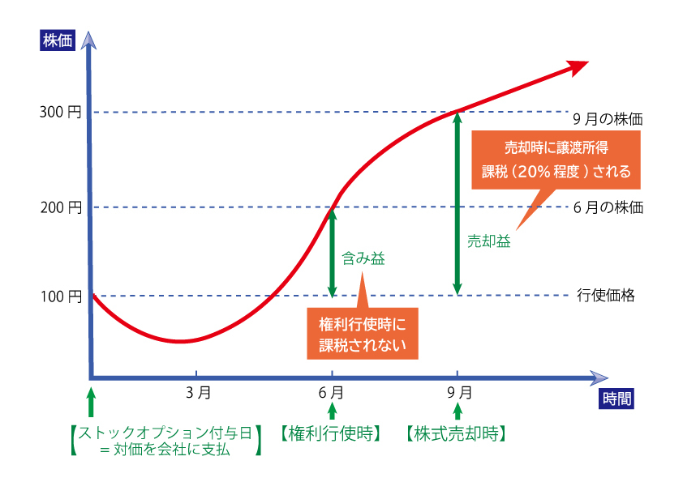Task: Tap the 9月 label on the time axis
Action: [x=458, y=393]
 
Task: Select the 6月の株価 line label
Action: [x=608, y=207]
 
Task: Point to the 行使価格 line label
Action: [x=605, y=296]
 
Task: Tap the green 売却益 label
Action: [x=489, y=241]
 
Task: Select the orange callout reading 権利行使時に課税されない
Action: [x=362, y=334]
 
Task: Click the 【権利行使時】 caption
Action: [x=331, y=433]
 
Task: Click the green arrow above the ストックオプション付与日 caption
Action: [x=91, y=402]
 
